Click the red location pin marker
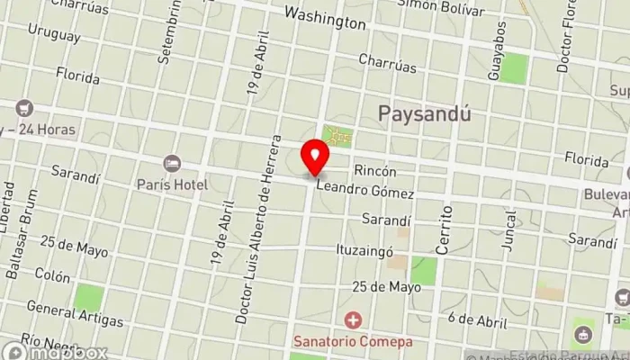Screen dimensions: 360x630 (x=315, y=157)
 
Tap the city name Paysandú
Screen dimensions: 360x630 (x=425, y=114)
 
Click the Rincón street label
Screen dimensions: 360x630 (x=375, y=169)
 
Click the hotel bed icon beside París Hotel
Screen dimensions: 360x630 (x=172, y=164)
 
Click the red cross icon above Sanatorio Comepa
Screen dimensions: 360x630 (x=354, y=319)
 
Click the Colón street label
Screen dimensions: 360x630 (x=53, y=278)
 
